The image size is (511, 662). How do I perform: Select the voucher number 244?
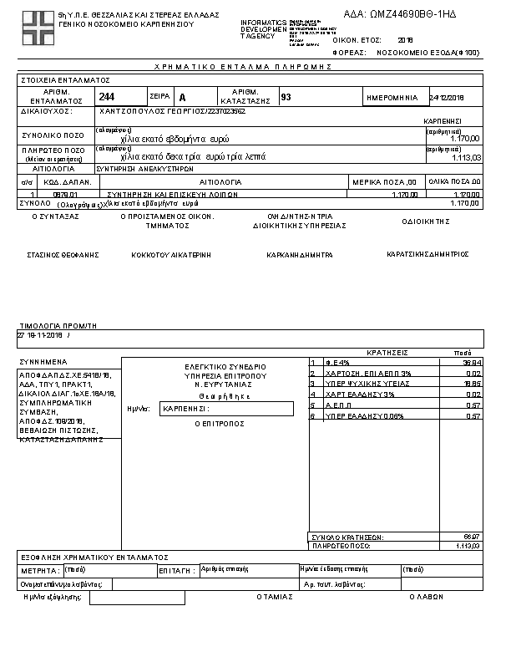click(107, 97)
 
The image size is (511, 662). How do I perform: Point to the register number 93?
click(286, 97)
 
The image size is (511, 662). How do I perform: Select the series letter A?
click(183, 98)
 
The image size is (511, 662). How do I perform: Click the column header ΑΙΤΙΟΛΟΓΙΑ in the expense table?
click(220, 181)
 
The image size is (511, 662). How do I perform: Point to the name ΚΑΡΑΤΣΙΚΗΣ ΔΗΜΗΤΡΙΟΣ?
click(428, 253)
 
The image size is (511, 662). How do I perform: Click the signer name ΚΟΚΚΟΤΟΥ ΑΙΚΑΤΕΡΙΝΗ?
click(171, 254)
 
